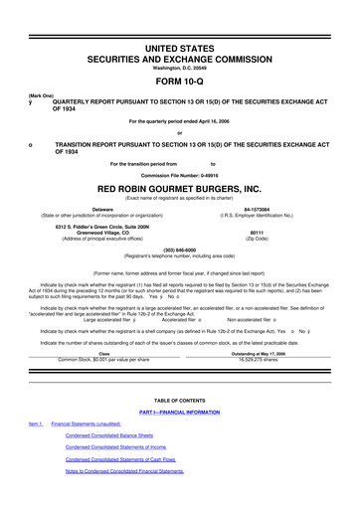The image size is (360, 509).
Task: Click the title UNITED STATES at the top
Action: [x=180, y=48]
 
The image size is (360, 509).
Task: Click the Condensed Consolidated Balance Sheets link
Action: [x=108, y=435]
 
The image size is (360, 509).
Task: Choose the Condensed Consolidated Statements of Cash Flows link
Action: [x=120, y=459]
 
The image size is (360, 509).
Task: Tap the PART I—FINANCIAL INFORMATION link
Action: [x=179, y=410]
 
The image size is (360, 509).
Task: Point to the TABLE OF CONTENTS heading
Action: [x=180, y=398]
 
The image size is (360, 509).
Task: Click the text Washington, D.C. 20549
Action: [x=180, y=68]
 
